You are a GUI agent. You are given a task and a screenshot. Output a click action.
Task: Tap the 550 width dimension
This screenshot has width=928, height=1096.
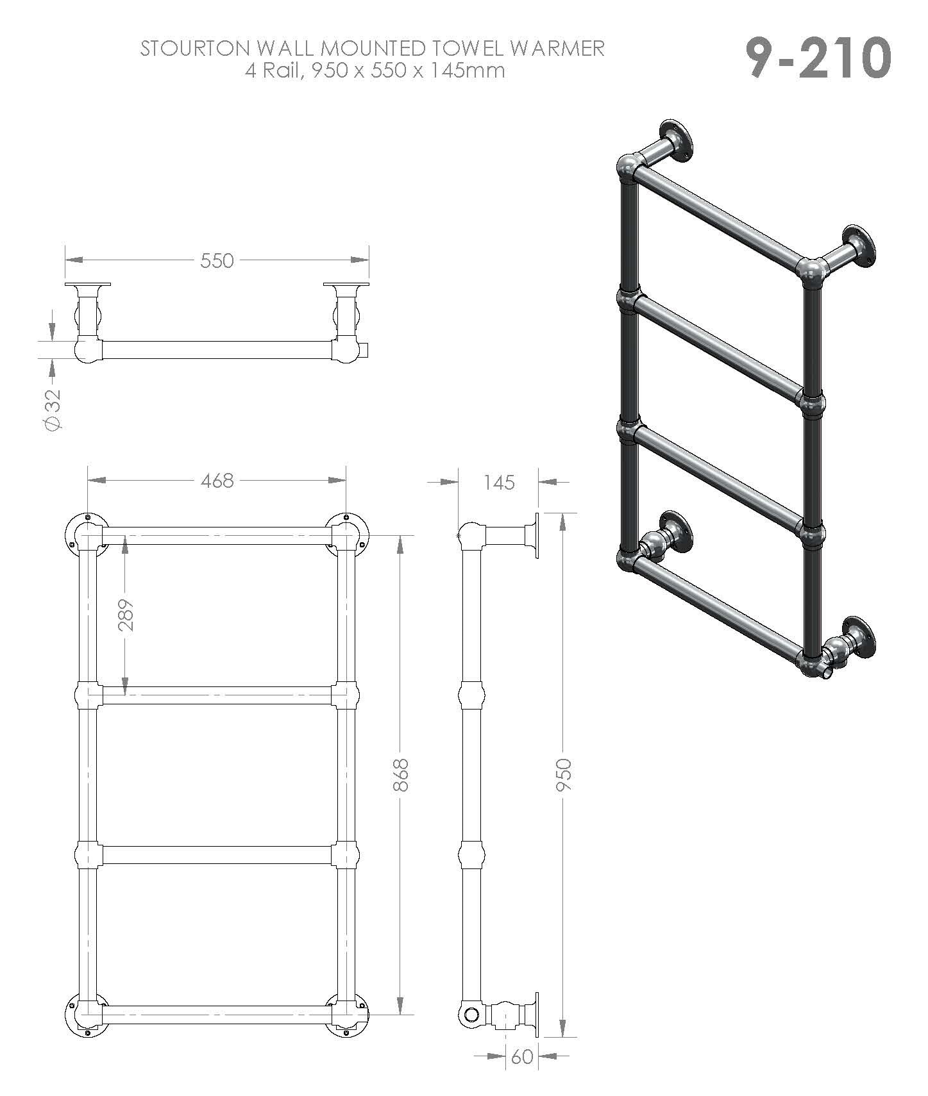tap(217, 260)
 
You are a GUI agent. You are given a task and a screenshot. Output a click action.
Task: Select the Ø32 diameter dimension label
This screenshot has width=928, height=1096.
tap(54, 410)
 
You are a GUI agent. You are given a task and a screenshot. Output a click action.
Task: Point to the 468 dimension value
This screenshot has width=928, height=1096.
tap(217, 481)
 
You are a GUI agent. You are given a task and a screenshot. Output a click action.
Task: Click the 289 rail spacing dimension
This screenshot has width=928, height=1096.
tap(126, 615)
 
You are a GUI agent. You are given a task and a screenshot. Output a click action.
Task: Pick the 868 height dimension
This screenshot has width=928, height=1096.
tap(400, 774)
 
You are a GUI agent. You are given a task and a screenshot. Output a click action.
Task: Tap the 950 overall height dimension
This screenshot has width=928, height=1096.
tap(563, 774)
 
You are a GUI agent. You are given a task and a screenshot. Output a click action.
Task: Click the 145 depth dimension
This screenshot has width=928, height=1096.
tap(499, 482)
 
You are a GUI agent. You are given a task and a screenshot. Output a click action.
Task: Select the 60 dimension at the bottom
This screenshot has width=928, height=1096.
tap(523, 1056)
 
